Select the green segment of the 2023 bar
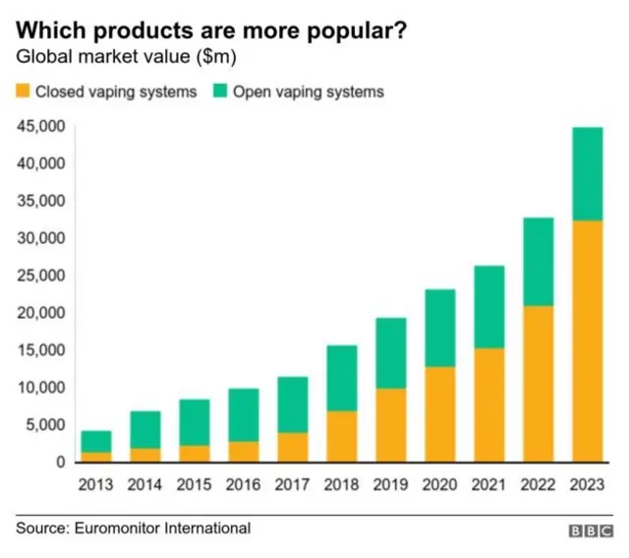coord(587,174)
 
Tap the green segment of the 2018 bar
coord(341,378)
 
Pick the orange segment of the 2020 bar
coord(439,414)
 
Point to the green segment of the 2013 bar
coord(95,442)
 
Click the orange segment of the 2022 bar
coord(538,383)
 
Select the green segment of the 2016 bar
coord(243,415)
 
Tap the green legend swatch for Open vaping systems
coord(219,92)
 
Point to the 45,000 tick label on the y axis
coord(41,126)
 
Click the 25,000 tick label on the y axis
coord(41,276)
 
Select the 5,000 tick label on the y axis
coord(45,425)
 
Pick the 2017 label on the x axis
coord(292,484)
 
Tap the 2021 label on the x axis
coord(488,484)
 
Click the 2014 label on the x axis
coord(144,484)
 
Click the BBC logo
coord(590,530)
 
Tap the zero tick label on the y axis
coord(61,463)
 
